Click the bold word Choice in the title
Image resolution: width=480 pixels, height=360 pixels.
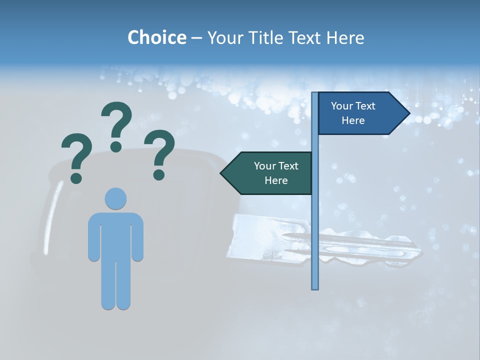(156, 37)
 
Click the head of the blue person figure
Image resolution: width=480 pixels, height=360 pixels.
(115, 198)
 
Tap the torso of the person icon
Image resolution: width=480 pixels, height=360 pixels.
(115, 235)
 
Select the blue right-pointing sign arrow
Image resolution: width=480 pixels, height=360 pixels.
(360, 113)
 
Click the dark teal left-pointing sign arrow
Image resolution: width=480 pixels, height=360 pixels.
(270, 173)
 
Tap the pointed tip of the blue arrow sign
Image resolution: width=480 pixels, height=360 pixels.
(409, 113)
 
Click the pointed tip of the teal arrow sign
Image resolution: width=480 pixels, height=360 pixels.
(221, 173)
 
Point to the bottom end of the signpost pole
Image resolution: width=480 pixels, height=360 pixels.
(315, 287)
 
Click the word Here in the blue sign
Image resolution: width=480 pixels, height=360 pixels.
(353, 120)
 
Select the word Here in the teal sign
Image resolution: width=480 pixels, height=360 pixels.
(276, 180)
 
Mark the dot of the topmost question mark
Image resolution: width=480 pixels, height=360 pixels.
(116, 146)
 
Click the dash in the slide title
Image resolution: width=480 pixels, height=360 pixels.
(196, 38)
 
